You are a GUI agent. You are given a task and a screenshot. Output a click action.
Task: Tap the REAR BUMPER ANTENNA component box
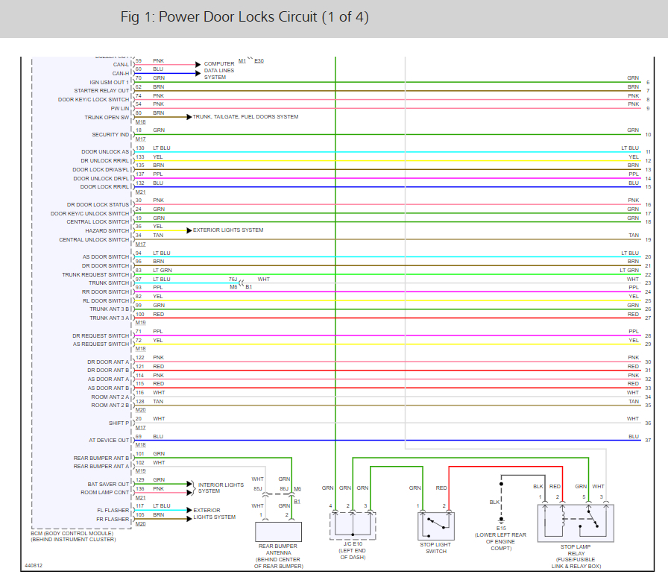(x=279, y=531)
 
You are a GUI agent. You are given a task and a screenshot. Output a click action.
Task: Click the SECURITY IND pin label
(x=110, y=135)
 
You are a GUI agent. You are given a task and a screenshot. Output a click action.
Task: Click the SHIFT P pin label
(x=119, y=423)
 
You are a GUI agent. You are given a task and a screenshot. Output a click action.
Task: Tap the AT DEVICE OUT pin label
(x=109, y=441)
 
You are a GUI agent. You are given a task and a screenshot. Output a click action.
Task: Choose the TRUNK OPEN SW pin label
(x=107, y=118)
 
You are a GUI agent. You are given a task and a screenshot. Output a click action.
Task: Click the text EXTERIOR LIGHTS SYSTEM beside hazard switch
(x=228, y=230)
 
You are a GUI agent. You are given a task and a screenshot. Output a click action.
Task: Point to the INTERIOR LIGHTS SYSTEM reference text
(x=221, y=488)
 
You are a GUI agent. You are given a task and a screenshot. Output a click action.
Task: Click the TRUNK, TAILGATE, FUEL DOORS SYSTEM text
(x=245, y=117)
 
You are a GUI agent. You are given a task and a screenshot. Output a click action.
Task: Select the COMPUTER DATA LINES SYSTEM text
(x=219, y=70)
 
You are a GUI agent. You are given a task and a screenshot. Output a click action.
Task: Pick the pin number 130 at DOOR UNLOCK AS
(x=139, y=148)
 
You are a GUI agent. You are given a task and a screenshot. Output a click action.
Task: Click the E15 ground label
(x=501, y=528)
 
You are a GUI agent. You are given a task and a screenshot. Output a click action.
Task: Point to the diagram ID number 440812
(x=34, y=565)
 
